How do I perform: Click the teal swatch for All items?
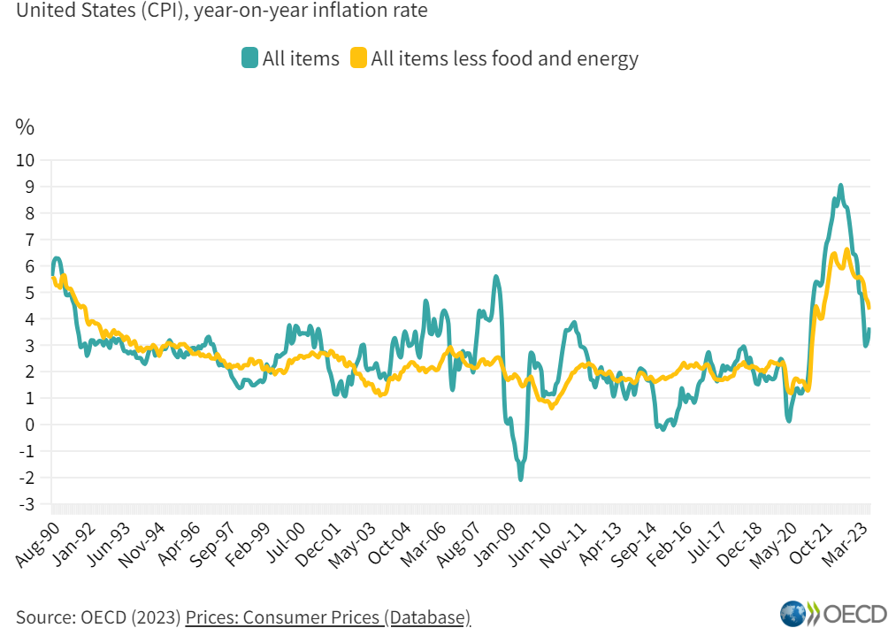pos(249,58)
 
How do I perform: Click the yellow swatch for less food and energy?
pos(357,58)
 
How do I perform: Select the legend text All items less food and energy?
pos(504,58)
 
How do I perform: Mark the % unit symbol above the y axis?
pos(25,127)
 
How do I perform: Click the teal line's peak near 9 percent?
pos(840,186)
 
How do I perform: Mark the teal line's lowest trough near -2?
pos(520,479)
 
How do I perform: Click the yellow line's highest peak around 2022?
pos(846,250)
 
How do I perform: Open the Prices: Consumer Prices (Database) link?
pos(327,616)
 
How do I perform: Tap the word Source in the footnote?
pos(43,616)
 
